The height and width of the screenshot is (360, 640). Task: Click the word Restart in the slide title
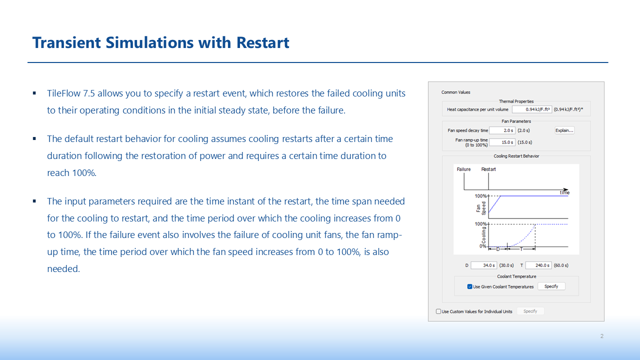click(x=262, y=42)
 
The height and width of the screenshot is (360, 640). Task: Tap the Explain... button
click(x=564, y=130)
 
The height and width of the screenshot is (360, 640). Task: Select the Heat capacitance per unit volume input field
click(x=531, y=109)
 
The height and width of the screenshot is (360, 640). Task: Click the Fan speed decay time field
click(x=502, y=130)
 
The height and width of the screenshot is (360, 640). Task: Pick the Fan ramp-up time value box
click(x=502, y=142)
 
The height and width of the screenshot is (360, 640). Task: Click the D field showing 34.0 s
click(x=484, y=265)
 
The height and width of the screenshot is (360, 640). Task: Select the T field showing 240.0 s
click(x=538, y=265)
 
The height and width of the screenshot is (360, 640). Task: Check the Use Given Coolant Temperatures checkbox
click(x=469, y=286)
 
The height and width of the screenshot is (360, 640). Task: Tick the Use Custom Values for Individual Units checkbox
click(x=438, y=311)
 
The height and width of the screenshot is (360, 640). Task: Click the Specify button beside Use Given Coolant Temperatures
click(x=551, y=286)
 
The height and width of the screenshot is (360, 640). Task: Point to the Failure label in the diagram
click(x=463, y=169)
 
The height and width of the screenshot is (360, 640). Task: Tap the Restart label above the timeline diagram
click(x=488, y=169)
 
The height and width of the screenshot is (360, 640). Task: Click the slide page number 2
click(x=601, y=336)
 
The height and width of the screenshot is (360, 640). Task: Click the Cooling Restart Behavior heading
click(x=516, y=156)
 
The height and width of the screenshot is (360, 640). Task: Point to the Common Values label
click(x=455, y=92)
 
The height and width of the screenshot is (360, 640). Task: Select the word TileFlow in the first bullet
click(x=63, y=93)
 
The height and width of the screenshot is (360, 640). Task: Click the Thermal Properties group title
click(x=516, y=101)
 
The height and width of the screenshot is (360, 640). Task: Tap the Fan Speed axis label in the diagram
click(x=481, y=208)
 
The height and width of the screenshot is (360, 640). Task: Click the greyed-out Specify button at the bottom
click(x=530, y=311)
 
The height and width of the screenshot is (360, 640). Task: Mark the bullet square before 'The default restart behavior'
click(x=34, y=139)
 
